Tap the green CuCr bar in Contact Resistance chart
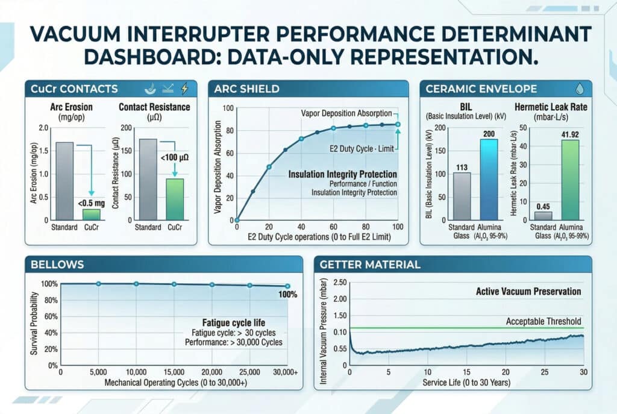175,199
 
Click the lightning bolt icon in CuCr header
184,89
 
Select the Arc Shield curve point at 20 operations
269,167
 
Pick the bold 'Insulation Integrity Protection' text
342,174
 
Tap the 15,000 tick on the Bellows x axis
174,372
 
